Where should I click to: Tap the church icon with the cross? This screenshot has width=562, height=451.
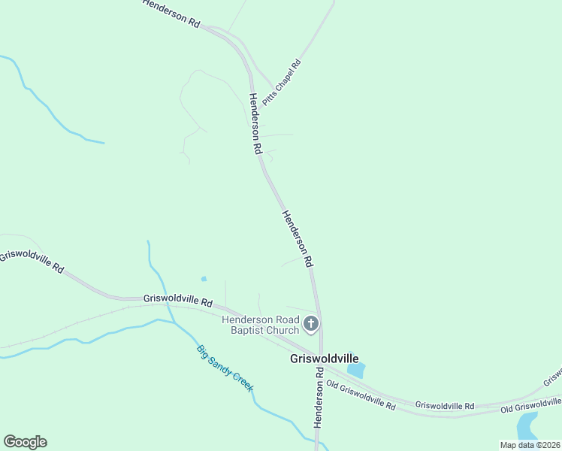click(x=311, y=325)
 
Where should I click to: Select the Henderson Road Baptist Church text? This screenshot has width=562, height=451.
click(x=261, y=325)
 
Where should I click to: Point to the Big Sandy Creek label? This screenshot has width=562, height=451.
click(x=225, y=368)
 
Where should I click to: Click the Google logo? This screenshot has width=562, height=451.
click(x=25, y=442)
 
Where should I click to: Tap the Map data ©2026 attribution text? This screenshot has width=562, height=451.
click(x=530, y=445)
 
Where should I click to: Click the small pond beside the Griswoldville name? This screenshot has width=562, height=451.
click(x=356, y=370)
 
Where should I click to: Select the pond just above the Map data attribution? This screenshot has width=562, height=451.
click(x=527, y=425)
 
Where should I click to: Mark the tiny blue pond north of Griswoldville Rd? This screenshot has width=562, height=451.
click(x=204, y=279)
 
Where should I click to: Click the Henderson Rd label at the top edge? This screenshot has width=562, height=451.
click(x=171, y=14)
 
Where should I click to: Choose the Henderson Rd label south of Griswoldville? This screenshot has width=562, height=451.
click(x=319, y=398)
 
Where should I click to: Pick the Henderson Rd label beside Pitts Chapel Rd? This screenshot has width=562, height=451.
click(x=255, y=124)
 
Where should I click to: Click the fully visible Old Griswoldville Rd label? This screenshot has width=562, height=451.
click(x=361, y=394)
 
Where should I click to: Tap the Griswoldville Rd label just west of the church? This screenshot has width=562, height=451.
click(x=177, y=300)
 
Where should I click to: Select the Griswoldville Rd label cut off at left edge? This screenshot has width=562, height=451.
click(x=32, y=262)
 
